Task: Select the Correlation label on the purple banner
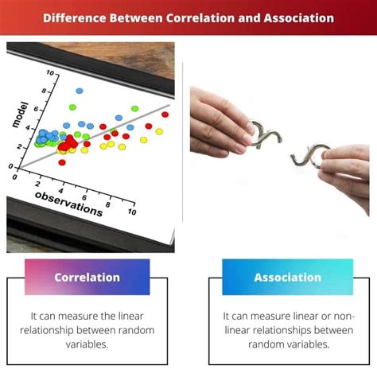[87, 278]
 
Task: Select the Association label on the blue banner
[287, 278]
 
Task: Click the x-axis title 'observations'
[68, 206]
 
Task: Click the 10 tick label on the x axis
[131, 213]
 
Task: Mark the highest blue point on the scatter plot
[80, 91]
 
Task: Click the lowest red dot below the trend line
[62, 162]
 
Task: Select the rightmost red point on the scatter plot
[165, 115]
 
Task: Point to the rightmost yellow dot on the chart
[159, 131]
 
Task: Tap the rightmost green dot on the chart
[133, 109]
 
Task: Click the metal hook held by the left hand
[262, 135]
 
